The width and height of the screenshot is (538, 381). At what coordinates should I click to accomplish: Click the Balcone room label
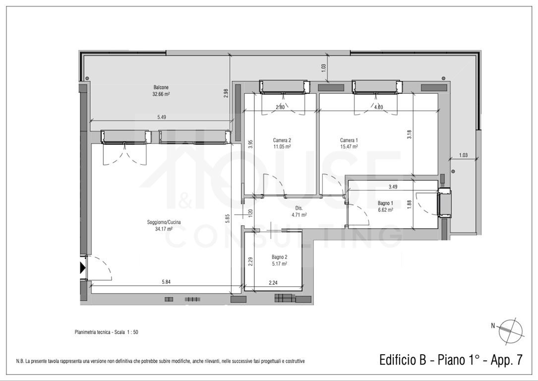[x=161, y=87]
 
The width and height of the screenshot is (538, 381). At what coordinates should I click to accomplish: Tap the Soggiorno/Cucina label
[x=164, y=222]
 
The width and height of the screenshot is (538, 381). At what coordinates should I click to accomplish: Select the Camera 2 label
[x=282, y=140]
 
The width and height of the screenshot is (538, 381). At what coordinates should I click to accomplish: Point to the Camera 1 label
[x=349, y=140]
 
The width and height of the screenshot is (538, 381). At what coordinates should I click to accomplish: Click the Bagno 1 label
[x=385, y=203]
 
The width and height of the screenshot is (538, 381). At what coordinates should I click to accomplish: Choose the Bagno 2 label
[x=279, y=257]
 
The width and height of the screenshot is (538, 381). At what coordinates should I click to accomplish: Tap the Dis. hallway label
[x=299, y=208]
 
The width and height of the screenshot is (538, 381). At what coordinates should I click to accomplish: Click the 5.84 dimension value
[x=166, y=282]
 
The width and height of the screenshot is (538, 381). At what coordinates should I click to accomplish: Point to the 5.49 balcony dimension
[x=162, y=117]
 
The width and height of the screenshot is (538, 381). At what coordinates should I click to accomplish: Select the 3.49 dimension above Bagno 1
[x=393, y=187]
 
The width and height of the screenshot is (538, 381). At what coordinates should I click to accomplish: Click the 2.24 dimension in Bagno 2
[x=273, y=283]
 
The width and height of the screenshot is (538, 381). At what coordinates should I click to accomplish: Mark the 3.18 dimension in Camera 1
[x=409, y=134]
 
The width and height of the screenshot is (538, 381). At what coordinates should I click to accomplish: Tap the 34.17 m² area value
[x=164, y=229]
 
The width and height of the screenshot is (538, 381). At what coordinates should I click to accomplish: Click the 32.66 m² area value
[x=161, y=94]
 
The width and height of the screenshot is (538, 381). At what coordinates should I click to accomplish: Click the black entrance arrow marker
[x=82, y=268]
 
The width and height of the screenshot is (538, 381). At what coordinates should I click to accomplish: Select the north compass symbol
[x=511, y=330]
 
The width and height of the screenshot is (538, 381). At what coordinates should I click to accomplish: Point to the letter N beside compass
[x=493, y=326]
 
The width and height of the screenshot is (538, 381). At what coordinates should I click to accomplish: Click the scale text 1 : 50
[x=131, y=332]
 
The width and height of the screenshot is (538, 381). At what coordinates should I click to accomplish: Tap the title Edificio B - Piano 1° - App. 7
[x=451, y=360]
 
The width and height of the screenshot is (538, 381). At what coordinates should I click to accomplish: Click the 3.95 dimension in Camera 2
[x=250, y=144]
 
